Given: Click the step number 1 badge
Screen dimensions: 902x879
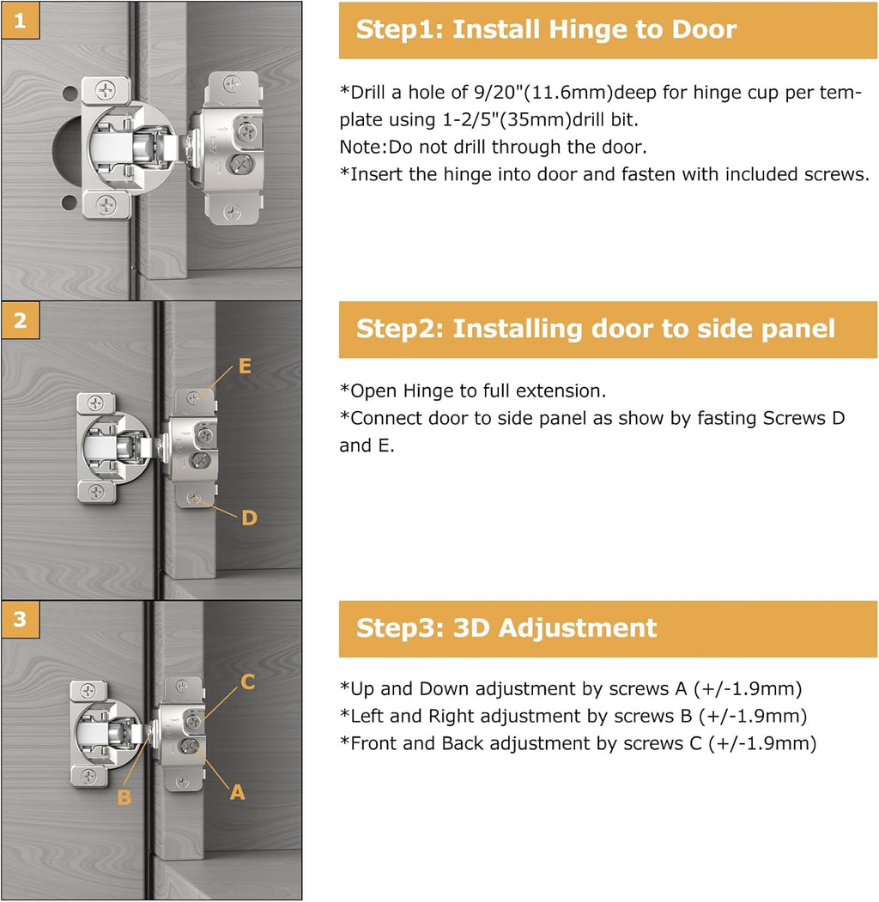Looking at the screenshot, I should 20,21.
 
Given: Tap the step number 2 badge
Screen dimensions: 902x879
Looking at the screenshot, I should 20,320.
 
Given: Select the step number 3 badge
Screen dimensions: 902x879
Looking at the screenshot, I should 20,620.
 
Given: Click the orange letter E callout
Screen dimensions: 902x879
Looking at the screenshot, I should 245,366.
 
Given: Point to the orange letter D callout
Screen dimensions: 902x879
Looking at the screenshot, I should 248,518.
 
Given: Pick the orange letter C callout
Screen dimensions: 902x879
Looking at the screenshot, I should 247,682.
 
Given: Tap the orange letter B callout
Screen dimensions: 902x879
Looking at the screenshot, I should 124,797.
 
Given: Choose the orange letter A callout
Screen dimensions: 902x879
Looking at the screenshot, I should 237,793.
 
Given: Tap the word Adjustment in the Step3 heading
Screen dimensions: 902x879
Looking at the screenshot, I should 577,627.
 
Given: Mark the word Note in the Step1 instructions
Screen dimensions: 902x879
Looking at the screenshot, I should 361,147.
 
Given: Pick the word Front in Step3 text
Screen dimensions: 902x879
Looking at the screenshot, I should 374,743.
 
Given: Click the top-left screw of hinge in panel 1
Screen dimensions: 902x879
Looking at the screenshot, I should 106,88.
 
